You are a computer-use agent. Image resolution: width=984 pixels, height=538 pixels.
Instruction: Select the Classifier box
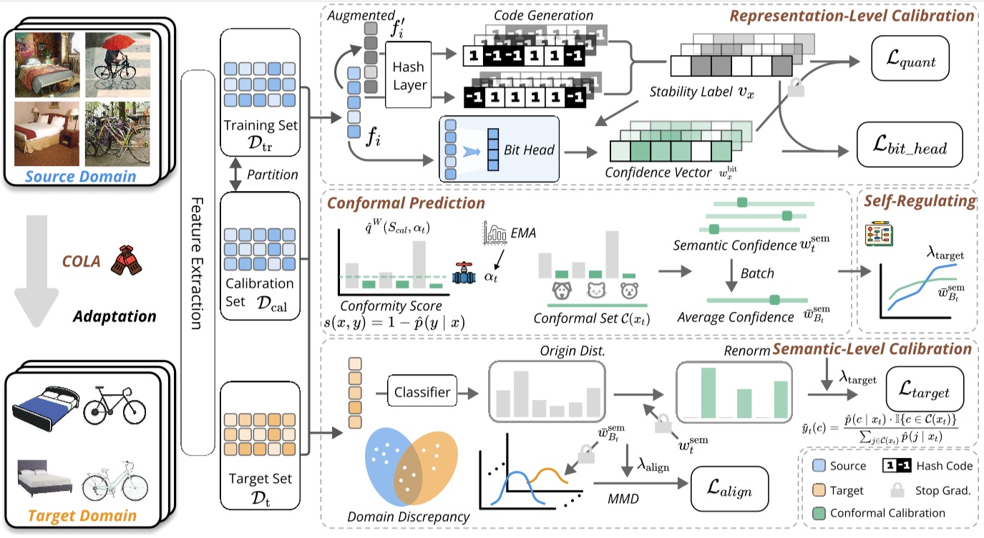click(422, 392)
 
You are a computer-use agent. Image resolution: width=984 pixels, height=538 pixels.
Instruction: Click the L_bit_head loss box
click(910, 148)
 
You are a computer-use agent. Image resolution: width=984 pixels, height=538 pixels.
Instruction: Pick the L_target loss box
click(925, 392)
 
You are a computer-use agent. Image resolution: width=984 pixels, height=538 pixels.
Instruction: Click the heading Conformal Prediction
click(406, 203)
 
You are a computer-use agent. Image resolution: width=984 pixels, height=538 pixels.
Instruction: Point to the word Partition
click(271, 175)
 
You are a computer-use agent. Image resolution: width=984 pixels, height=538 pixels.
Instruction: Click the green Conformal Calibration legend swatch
click(819, 513)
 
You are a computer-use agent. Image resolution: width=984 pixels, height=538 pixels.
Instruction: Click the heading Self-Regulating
click(919, 202)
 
